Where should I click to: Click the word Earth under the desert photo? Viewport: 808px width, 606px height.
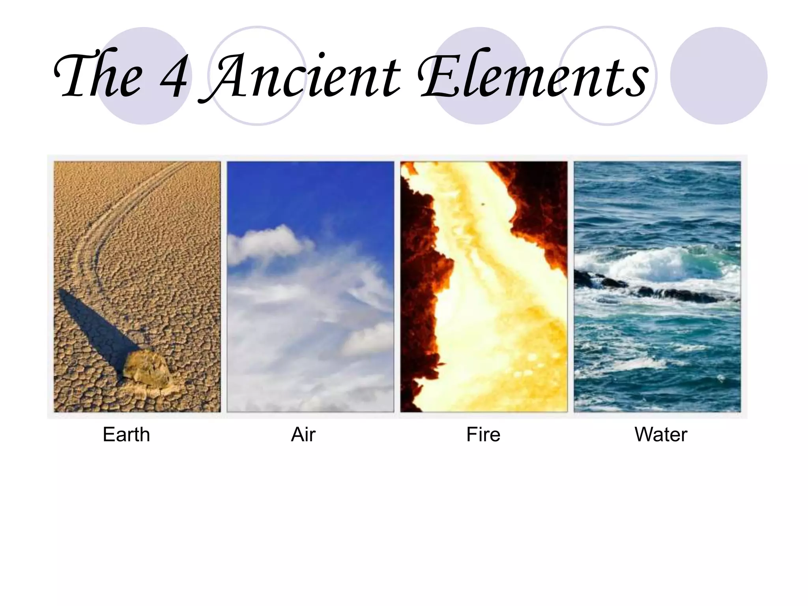(126, 435)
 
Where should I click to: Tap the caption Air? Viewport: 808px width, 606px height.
(303, 435)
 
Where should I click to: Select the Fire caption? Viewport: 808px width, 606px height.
(483, 435)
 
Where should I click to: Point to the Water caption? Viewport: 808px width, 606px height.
(661, 435)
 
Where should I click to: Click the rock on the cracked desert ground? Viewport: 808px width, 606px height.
(147, 369)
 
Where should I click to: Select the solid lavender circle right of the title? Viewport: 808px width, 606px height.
(719, 76)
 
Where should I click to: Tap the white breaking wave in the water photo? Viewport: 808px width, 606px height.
(647, 264)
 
